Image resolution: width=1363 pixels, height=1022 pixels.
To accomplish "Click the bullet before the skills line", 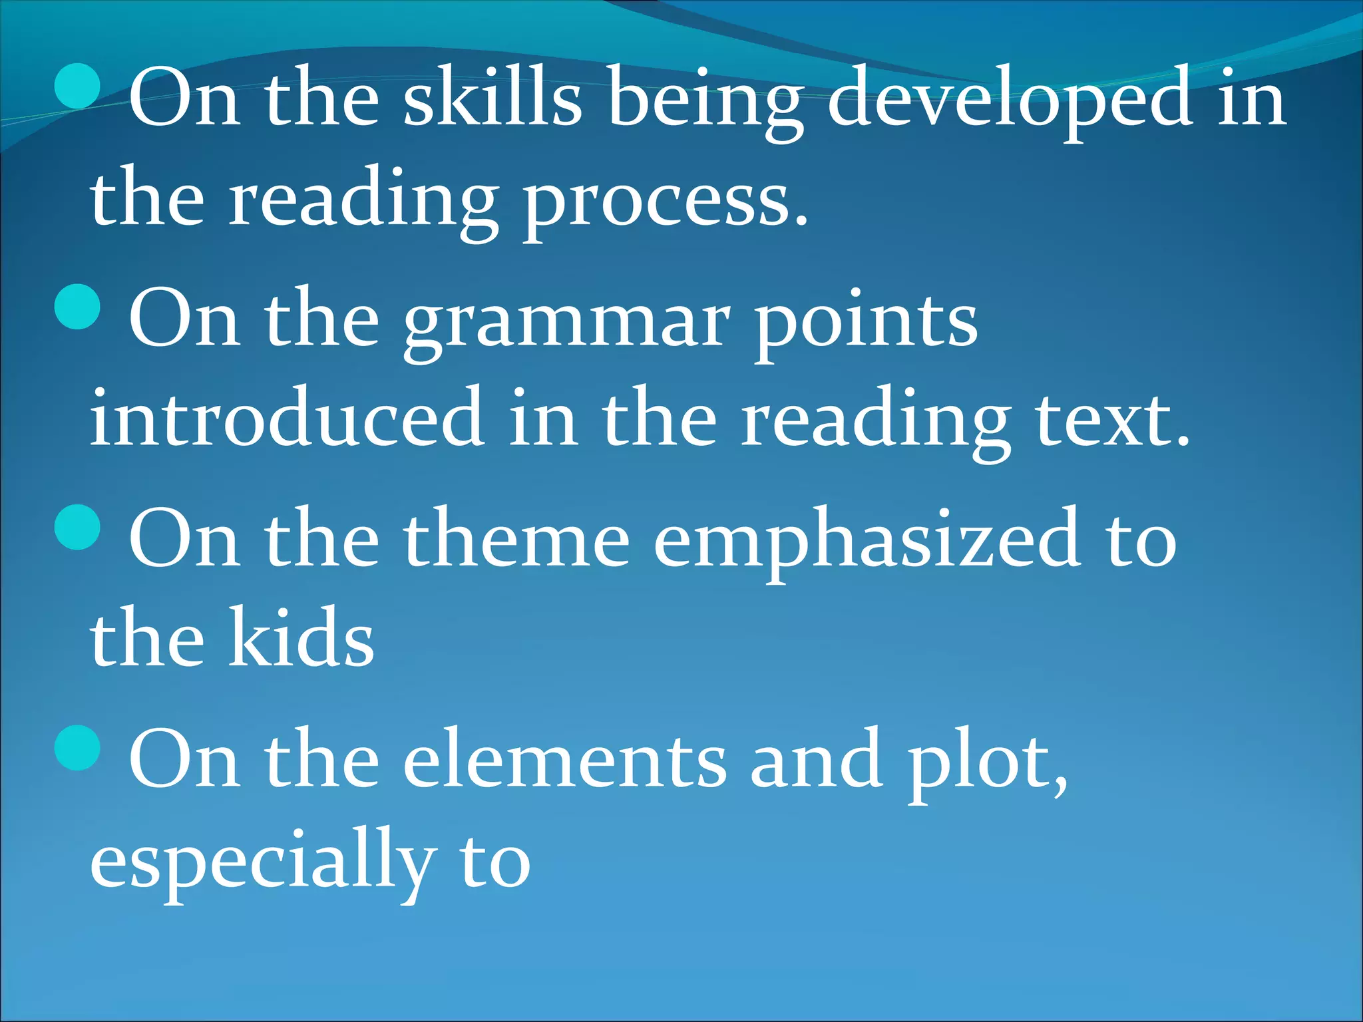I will [78, 86].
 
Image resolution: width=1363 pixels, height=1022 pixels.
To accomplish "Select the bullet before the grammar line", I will [78, 307].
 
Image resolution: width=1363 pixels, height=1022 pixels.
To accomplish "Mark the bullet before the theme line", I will [78, 528].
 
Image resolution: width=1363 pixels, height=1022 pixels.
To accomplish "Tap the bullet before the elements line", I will [78, 748].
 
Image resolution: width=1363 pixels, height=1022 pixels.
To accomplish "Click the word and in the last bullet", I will [817, 761].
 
